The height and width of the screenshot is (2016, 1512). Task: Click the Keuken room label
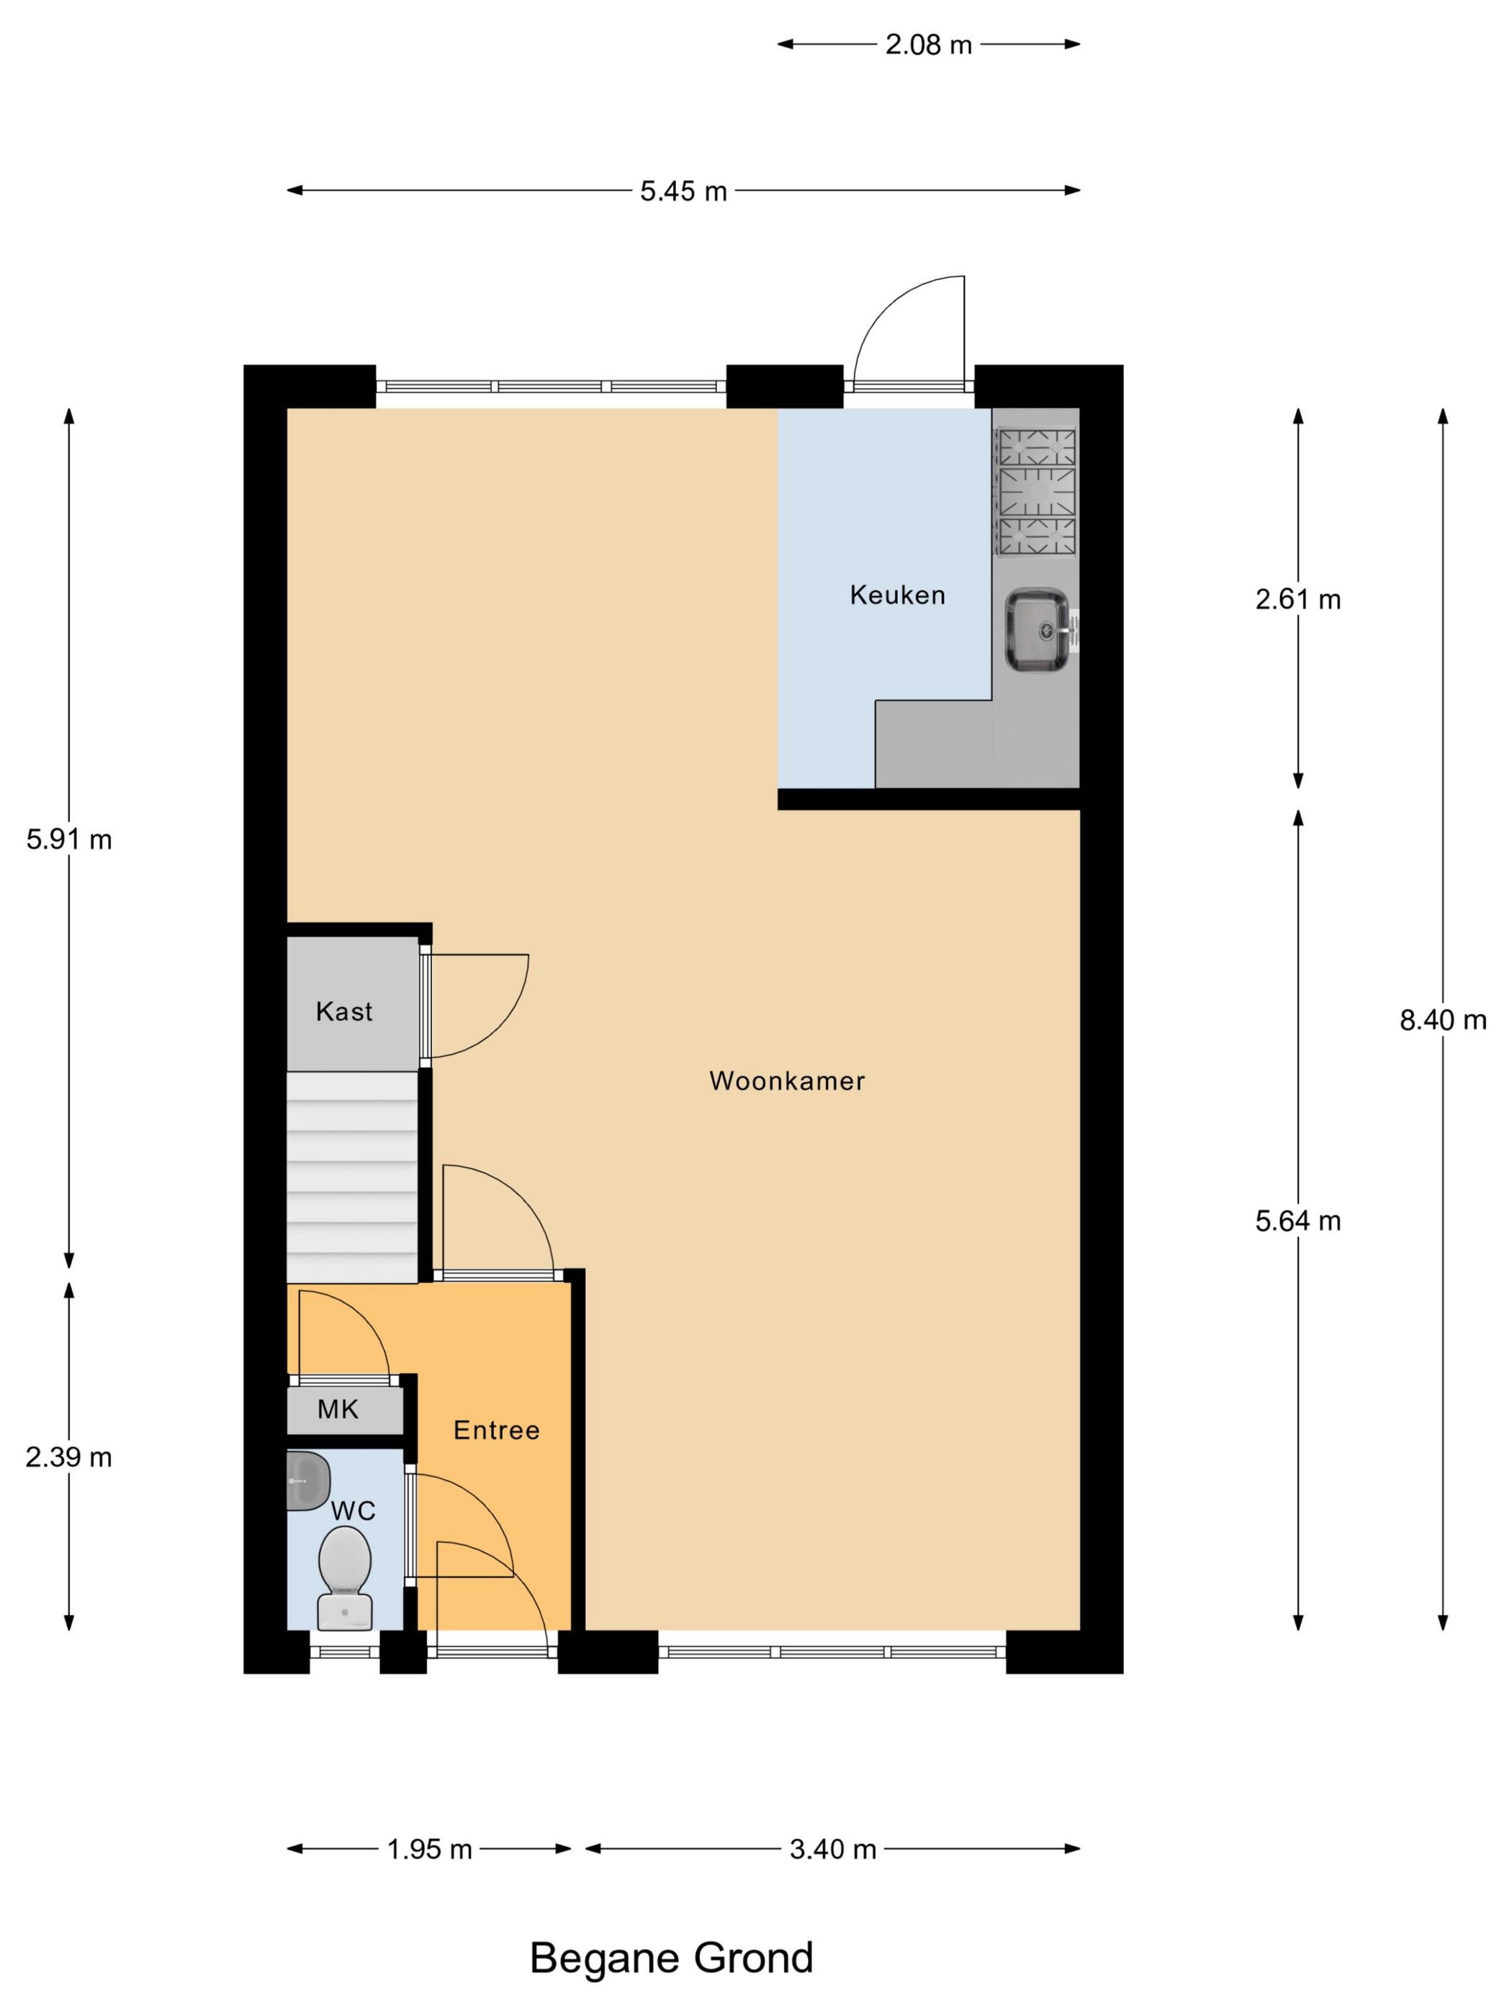tap(897, 595)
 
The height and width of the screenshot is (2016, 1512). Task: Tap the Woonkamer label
tap(786, 1081)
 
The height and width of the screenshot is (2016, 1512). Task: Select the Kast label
tap(343, 1012)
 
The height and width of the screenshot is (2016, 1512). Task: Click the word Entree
tap(496, 1430)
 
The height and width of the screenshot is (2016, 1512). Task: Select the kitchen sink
tap(1036, 630)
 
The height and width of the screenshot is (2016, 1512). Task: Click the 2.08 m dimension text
tap(928, 45)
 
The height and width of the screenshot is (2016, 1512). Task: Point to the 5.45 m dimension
tap(683, 192)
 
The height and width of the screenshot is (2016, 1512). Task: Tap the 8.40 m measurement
tap(1442, 1020)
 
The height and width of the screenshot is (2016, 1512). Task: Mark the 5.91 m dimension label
tap(69, 840)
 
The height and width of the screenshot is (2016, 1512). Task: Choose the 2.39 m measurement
tap(69, 1457)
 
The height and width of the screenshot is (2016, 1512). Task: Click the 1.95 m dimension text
tap(428, 1849)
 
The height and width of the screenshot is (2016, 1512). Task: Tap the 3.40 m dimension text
tap(832, 1849)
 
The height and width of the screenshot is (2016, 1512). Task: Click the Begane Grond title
tap(671, 1958)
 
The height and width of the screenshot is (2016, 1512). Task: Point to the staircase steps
tap(352, 1176)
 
